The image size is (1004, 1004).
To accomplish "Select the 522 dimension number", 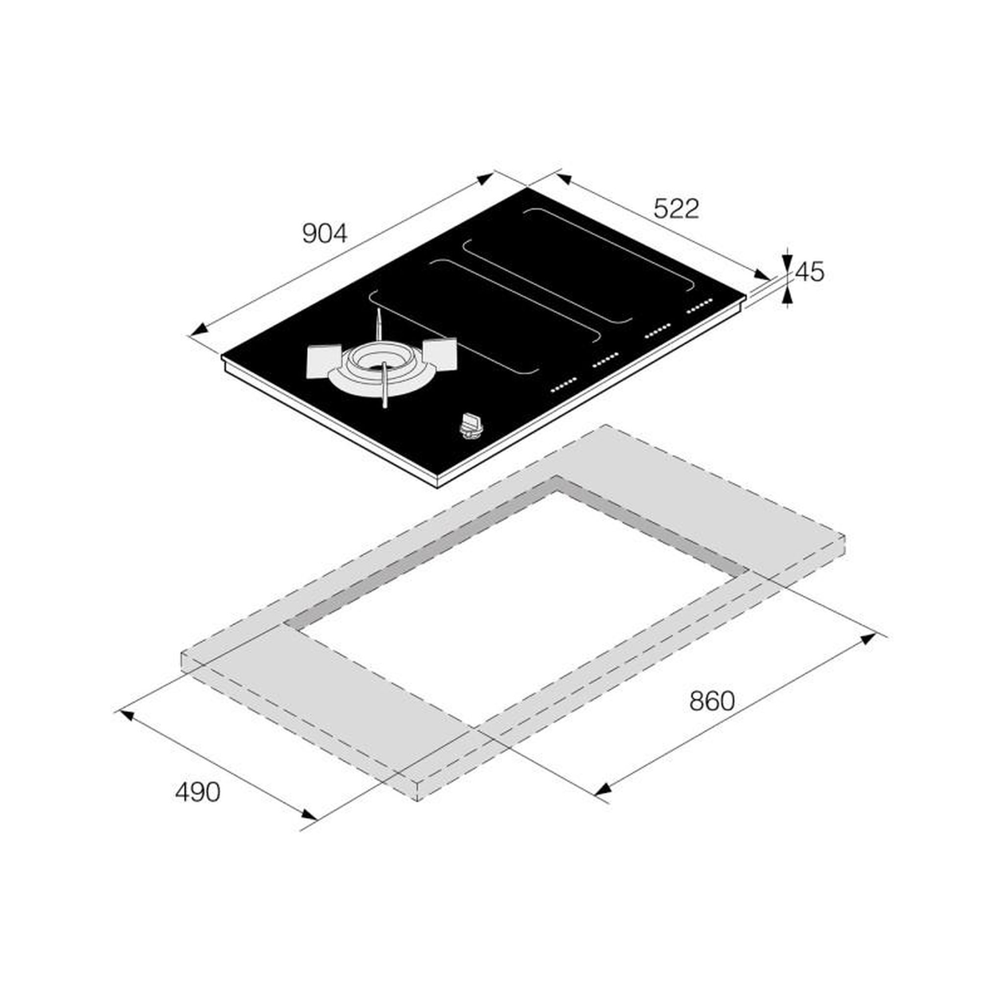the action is pos(676,209).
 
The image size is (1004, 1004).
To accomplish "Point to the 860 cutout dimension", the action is pos(712,701).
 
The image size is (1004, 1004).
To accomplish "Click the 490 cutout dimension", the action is pos(198,792).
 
